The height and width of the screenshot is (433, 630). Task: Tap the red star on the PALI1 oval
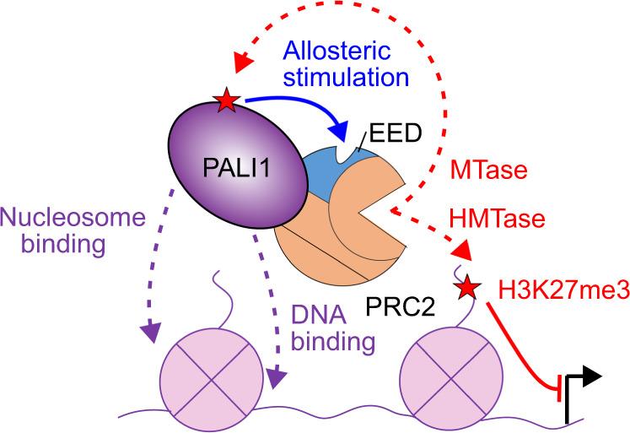tap(226, 103)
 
